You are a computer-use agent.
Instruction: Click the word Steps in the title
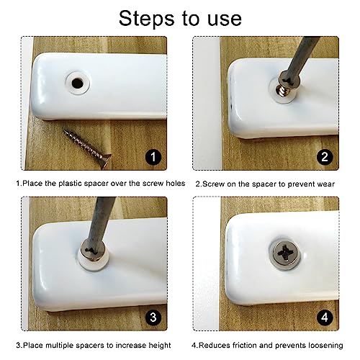point(146,19)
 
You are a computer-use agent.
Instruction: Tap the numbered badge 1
point(153,157)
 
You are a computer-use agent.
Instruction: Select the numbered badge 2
point(325,157)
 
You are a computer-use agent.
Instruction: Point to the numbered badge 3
point(153,318)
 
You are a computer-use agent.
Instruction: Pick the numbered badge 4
point(325,318)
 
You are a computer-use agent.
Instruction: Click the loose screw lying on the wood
point(87,149)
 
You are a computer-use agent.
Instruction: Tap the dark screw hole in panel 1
point(77,83)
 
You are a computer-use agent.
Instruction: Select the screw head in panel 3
point(93,250)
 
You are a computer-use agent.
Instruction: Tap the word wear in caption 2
point(325,184)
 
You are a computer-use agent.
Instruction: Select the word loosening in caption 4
point(325,346)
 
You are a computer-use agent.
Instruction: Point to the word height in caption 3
point(160,346)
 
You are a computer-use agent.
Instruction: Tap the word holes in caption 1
point(176,184)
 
